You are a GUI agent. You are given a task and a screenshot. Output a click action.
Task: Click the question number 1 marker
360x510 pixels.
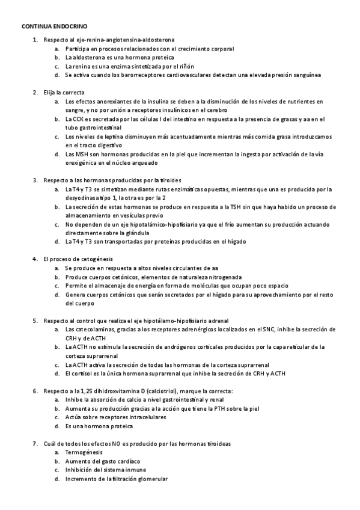coord(34,39)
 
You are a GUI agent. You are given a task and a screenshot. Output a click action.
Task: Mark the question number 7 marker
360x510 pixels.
coord(34,443)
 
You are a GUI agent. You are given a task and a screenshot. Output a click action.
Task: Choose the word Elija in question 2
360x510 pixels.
coord(49,93)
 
